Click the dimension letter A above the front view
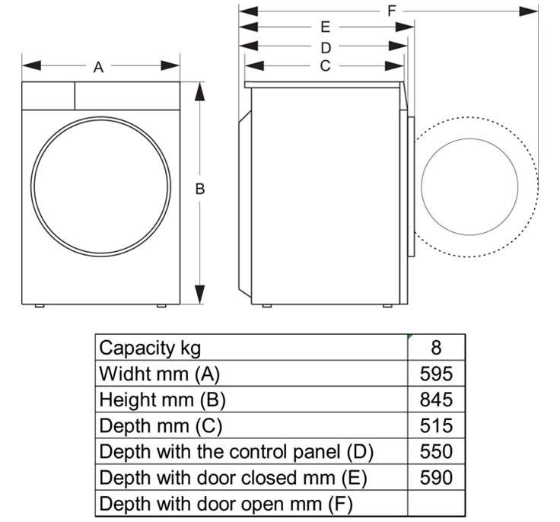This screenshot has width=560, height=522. point(98,68)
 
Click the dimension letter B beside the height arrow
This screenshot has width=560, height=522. point(200,189)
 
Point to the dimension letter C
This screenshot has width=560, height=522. point(325,66)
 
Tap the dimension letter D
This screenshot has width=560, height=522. point(325,47)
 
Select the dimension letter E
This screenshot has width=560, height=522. point(325,28)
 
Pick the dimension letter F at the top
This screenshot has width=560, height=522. point(392,11)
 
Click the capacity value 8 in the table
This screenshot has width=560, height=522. point(436,348)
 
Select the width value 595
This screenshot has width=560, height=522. point(436,374)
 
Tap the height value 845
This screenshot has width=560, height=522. point(436,399)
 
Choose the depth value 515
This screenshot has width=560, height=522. point(436,425)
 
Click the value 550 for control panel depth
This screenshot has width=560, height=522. point(436,451)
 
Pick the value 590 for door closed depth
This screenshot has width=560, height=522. point(436,477)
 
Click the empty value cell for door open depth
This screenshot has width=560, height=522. point(436,503)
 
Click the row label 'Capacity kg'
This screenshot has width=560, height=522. point(151,348)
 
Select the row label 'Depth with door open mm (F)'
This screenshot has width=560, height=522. point(227,503)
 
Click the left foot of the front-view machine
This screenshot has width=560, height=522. point(40,307)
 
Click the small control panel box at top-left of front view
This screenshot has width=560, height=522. point(48,95)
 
